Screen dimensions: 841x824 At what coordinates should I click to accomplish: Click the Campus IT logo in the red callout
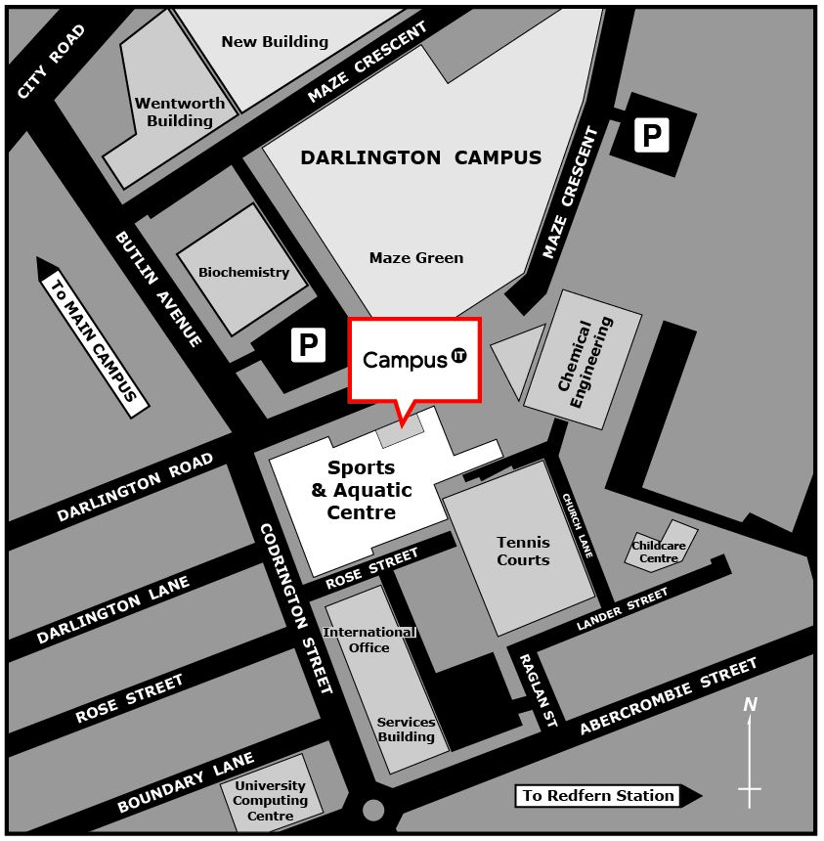point(414,359)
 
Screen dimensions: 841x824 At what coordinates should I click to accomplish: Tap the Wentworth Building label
point(180,112)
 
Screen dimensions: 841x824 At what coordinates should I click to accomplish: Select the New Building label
point(275,42)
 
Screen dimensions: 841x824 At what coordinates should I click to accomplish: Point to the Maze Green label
point(416,258)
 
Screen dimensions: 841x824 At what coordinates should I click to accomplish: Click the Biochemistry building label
point(243,272)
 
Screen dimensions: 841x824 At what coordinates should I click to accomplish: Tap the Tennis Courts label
point(523,551)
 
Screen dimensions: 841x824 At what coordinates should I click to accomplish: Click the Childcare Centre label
point(659,553)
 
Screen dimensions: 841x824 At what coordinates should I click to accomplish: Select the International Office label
point(369,640)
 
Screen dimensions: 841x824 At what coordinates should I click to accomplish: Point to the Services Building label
point(406,730)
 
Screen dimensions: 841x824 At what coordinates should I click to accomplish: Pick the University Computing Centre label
point(270,800)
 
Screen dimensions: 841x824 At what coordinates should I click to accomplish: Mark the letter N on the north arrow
point(750,704)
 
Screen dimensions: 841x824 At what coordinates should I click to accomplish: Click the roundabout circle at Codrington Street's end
point(372,810)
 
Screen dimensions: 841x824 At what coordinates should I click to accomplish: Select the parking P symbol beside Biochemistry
point(308,345)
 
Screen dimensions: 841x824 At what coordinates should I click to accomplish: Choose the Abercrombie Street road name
point(668,697)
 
